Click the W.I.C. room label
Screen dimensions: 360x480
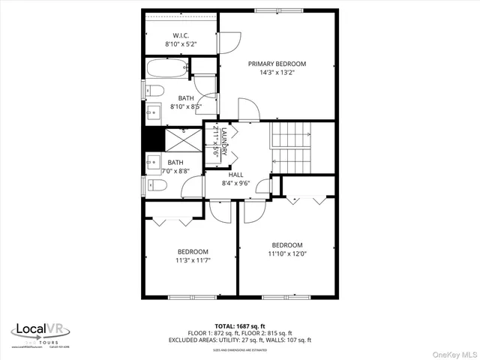tap(180, 35)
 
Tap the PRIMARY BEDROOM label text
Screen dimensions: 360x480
tap(277, 64)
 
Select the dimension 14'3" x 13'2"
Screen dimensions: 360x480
tap(277, 73)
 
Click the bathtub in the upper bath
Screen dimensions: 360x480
tap(166, 69)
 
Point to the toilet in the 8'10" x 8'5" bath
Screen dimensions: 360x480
tap(154, 91)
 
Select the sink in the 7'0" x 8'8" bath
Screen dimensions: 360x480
tap(153, 162)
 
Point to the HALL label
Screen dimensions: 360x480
tap(235, 174)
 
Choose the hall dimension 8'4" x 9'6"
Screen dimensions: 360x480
tap(235, 183)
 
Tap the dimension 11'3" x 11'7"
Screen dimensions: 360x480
tap(193, 260)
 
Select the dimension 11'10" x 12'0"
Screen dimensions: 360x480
tap(286, 253)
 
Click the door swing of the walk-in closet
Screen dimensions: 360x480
tap(228, 42)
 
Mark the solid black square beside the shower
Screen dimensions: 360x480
tap(153, 139)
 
